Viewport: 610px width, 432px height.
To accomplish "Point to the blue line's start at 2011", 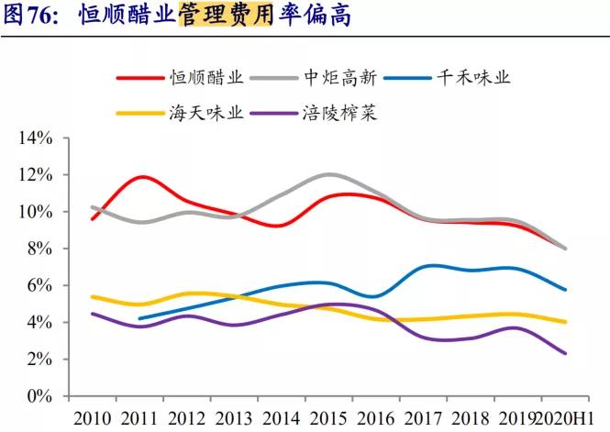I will (139, 318).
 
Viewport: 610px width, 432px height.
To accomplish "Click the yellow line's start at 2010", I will (92, 296).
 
